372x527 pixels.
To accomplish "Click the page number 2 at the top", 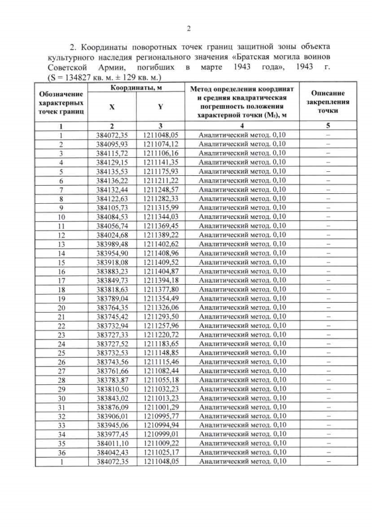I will [188, 29].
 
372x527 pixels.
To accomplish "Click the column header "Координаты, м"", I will [137, 88].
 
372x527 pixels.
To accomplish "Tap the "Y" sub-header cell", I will [160, 107].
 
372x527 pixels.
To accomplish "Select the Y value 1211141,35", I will [160, 162].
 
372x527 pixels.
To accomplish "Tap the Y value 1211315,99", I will [160, 208].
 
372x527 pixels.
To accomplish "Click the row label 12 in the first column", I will [60, 235].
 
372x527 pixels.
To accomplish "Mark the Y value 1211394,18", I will [160, 281].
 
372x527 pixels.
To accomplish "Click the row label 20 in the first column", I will [60, 307].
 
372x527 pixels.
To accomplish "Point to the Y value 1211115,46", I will [160, 362].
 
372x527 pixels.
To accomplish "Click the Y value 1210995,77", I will [160, 416].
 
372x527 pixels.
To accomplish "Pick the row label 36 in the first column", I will [60, 452].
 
